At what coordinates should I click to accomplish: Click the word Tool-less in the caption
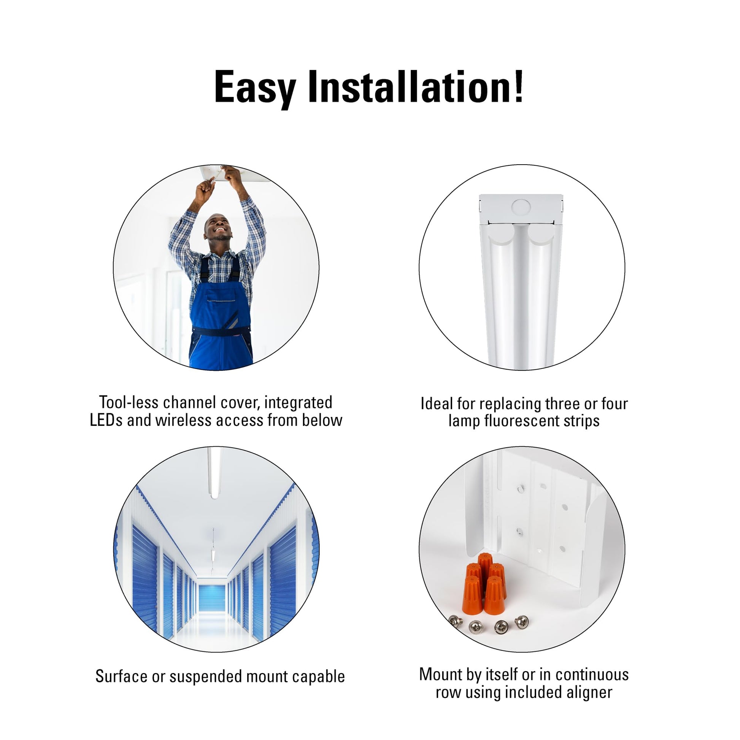pyautogui.click(x=129, y=402)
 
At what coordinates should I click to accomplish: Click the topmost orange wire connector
pyautogui.click(x=485, y=563)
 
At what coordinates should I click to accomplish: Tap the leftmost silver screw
pyautogui.click(x=456, y=621)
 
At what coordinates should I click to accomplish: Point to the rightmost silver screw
pyautogui.click(x=521, y=622)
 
